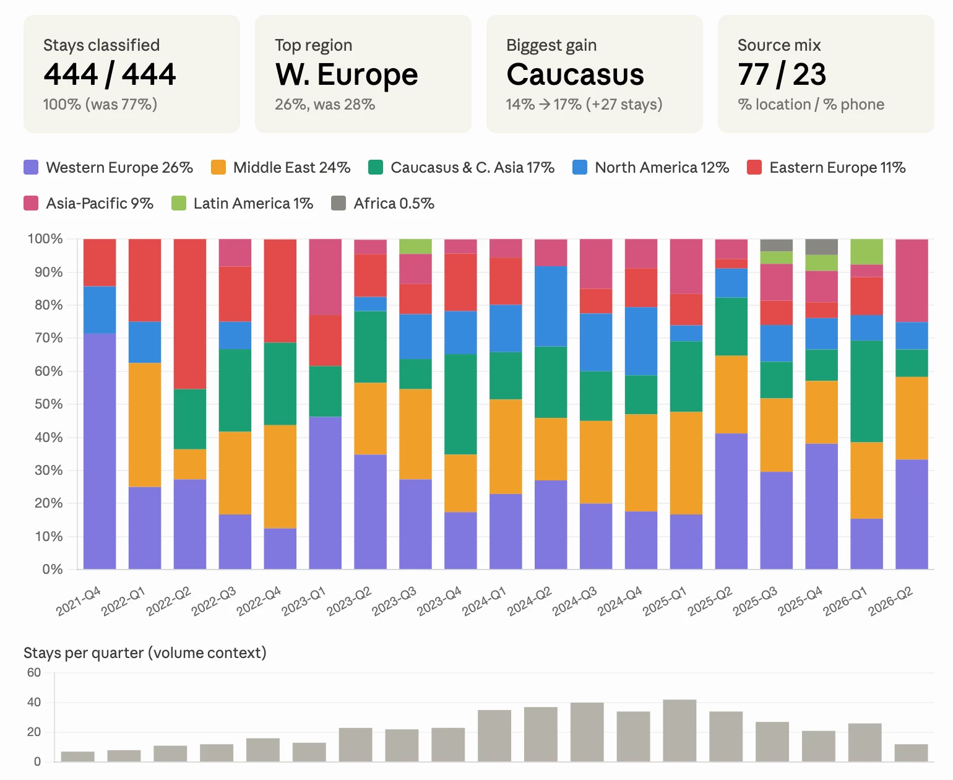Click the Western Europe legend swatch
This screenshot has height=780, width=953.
click(x=31, y=167)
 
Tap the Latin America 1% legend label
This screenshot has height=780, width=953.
click(x=253, y=203)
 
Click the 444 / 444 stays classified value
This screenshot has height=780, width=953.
click(x=110, y=74)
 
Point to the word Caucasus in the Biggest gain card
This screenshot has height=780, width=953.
click(x=575, y=74)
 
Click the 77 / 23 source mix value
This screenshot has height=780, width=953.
click(x=782, y=74)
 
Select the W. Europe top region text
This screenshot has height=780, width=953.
click(x=347, y=74)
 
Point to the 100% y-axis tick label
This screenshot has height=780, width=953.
click(x=45, y=239)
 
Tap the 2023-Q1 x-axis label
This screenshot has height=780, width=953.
click(x=304, y=601)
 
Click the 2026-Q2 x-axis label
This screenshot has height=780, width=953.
click(x=890, y=601)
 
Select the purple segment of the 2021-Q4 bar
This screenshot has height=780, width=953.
click(x=100, y=451)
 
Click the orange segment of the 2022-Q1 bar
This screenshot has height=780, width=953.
click(x=145, y=425)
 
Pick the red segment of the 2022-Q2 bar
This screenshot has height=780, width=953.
click(x=190, y=314)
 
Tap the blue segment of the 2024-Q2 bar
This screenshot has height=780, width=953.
click(x=551, y=306)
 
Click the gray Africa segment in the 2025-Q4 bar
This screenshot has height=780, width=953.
click(x=821, y=246)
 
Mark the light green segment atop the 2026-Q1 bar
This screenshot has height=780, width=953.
click(x=866, y=251)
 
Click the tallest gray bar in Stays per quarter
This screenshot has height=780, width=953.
click(x=679, y=730)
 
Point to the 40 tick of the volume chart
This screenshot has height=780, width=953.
click(x=34, y=702)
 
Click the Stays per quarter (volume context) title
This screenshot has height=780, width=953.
click(x=145, y=653)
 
